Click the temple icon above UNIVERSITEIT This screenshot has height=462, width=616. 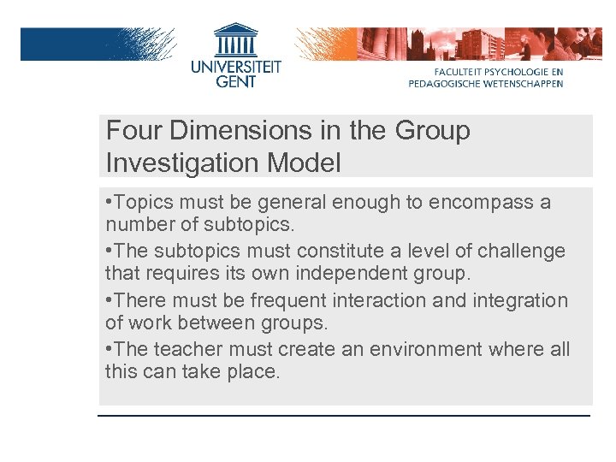pos(235,39)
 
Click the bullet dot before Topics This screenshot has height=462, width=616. pos(110,204)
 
